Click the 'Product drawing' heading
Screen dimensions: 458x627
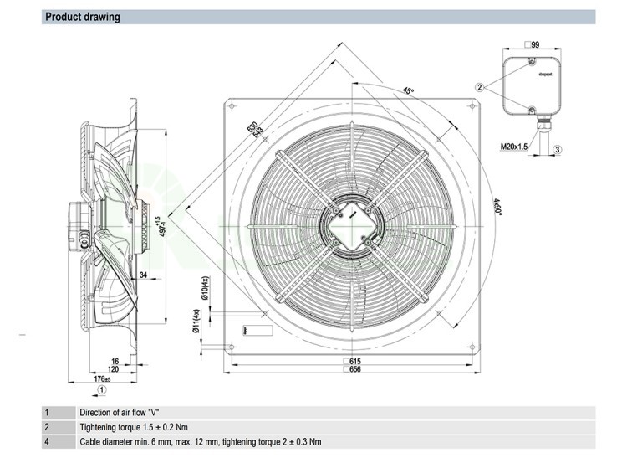[82, 17]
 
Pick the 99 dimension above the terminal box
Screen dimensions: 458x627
[533, 44]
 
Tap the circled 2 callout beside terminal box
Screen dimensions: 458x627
[480, 87]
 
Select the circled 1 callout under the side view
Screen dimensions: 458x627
[102, 389]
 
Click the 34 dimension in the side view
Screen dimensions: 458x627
[144, 274]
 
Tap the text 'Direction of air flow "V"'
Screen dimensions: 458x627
[120, 413]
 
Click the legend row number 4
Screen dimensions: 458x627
[48, 441]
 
